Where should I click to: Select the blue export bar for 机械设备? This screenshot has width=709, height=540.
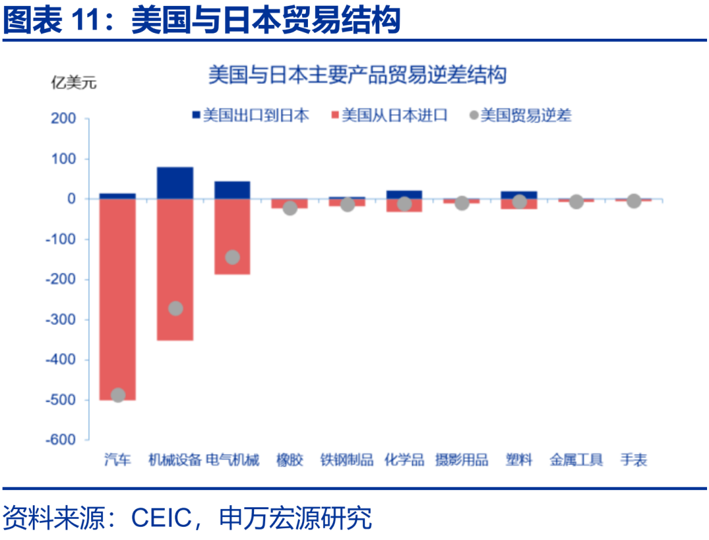175,182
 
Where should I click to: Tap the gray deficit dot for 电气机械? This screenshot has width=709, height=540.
232,257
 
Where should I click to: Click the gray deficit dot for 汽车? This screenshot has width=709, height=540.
118,394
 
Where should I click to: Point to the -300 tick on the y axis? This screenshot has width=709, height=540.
64,320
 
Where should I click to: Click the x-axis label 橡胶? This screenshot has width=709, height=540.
290,460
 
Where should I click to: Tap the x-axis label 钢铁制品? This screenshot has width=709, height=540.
347,460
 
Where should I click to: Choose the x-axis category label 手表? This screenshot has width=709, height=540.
634,460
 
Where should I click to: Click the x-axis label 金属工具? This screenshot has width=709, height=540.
576,460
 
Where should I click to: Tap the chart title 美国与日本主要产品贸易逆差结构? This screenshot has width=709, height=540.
357,75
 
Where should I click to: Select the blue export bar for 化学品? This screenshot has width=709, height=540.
404,194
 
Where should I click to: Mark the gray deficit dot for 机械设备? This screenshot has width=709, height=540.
175,308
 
